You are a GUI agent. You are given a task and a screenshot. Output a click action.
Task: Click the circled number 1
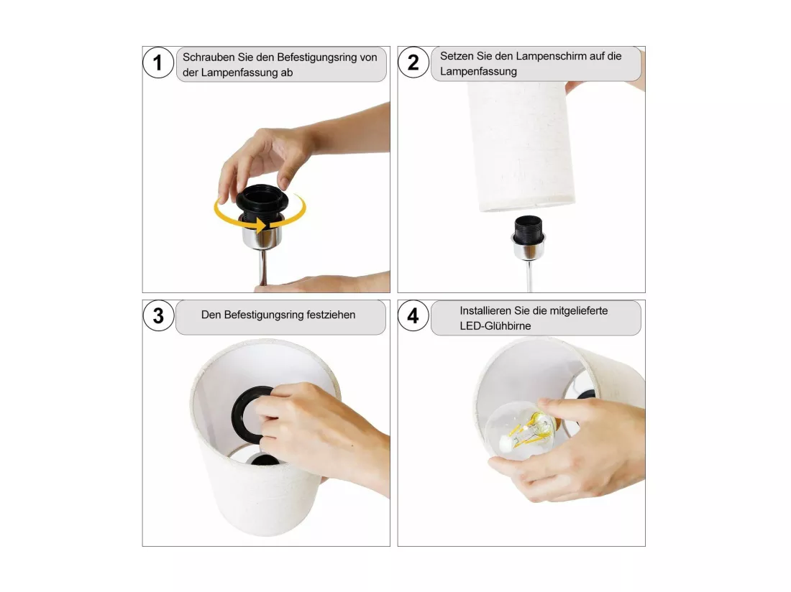158,63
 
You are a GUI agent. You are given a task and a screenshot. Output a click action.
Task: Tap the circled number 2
413,63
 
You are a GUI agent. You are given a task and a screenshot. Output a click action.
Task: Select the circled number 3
158,316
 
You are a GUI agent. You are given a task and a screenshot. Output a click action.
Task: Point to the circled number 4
413,316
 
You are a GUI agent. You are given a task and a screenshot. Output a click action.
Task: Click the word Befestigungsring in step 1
317,57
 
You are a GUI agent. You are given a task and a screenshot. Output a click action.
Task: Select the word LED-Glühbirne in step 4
495,326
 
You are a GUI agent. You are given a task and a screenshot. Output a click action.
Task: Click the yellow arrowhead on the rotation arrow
261,225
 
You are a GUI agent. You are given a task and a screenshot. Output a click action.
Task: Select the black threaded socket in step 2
529,231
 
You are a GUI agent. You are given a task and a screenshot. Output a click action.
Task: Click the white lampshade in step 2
521,146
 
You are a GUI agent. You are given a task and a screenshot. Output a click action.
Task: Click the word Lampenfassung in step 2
478,72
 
